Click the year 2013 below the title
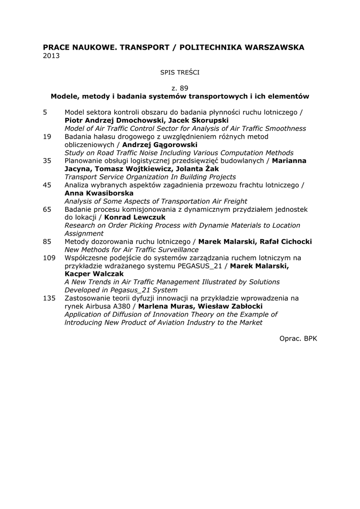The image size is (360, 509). (x=51, y=56)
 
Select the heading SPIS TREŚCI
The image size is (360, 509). (x=180, y=72)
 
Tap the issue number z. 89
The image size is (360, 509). (x=180, y=88)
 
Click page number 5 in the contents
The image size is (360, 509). (x=45, y=112)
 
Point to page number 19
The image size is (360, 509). (x=47, y=136)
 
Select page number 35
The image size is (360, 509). (x=47, y=161)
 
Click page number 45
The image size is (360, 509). (x=47, y=185)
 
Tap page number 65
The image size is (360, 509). (x=47, y=209)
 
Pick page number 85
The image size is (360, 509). (x=47, y=242)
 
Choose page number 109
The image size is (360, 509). (x=49, y=257)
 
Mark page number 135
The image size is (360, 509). (x=49, y=298)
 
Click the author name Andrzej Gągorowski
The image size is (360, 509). (x=160, y=145)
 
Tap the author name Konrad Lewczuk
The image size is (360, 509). (x=135, y=217)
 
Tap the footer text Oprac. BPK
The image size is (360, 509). (x=298, y=339)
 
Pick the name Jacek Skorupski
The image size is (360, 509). (x=198, y=120)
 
